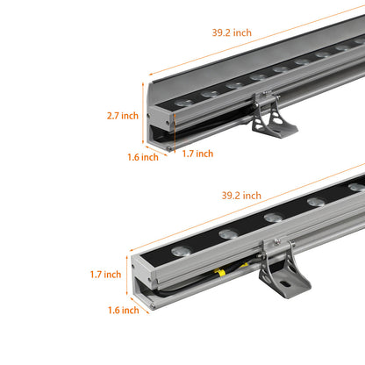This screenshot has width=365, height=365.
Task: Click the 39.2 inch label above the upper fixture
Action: click(231, 32)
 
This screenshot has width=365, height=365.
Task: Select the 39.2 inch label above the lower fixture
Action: click(240, 195)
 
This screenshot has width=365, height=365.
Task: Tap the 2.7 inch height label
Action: click(123, 115)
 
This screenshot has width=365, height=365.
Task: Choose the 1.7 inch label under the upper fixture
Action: click(197, 154)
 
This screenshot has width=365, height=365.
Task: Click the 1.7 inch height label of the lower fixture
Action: click(105, 275)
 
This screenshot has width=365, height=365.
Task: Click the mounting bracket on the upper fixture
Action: click(273, 118)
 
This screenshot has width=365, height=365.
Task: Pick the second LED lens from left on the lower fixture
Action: click(229, 233)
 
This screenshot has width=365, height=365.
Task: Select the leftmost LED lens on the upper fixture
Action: click(182, 104)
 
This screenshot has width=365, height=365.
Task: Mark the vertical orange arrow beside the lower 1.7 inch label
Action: click(128, 275)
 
